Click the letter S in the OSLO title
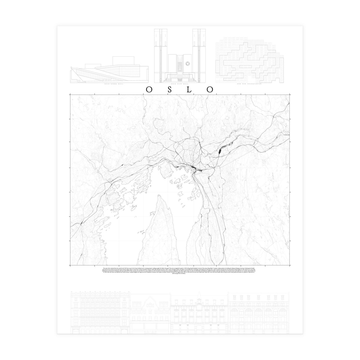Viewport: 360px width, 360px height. [169, 89]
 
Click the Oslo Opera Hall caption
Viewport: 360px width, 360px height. [109, 85]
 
